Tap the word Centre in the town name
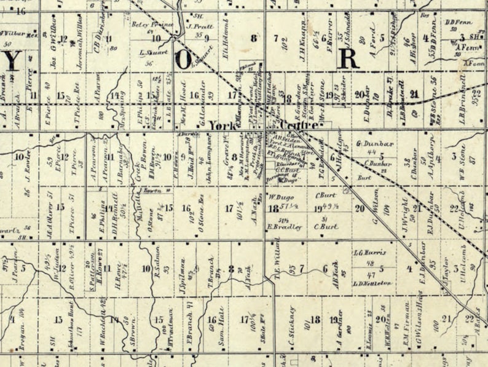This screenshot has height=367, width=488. (x=284, y=125)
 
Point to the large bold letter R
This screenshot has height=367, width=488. (x=347, y=58)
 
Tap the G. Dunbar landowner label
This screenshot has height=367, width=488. (x=370, y=144)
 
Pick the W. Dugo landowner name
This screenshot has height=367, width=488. (x=280, y=198)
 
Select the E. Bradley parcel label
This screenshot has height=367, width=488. (x=286, y=227)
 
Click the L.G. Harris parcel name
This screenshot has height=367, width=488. (x=369, y=252)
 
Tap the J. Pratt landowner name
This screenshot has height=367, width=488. (x=199, y=27)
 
